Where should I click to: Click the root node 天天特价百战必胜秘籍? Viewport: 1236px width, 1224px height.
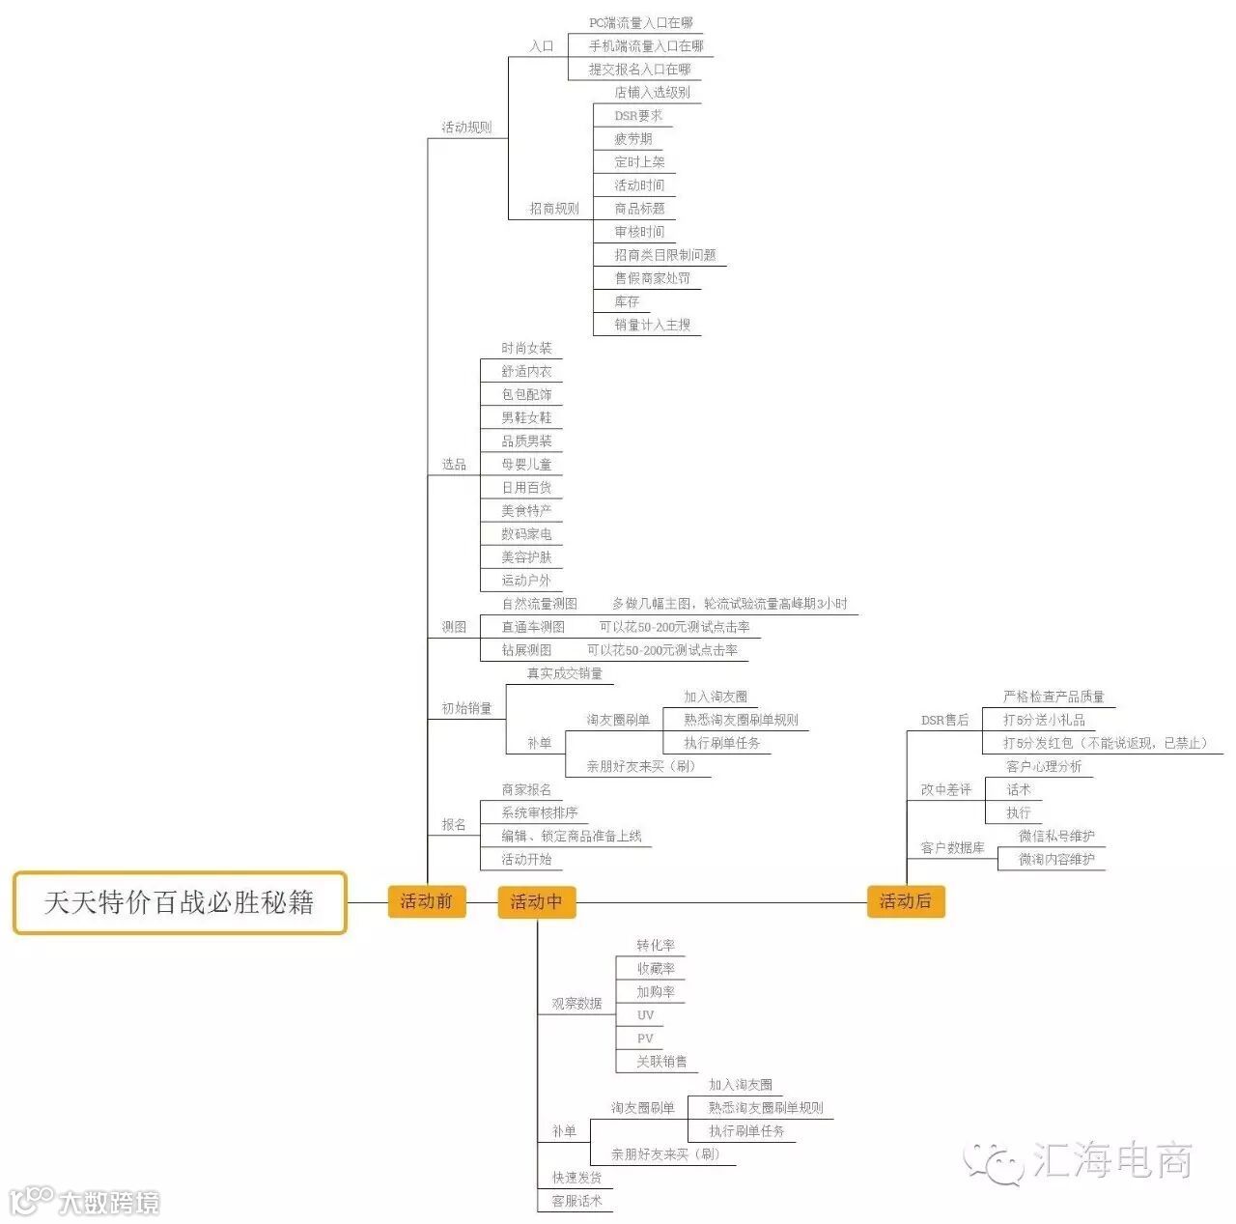click(x=180, y=902)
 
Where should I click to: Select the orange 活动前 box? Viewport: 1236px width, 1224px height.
click(x=426, y=901)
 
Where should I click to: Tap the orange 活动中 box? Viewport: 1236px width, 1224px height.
click(x=536, y=901)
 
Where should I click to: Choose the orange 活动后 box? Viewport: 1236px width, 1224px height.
click(x=905, y=901)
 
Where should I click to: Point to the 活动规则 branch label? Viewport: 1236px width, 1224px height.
click(x=466, y=128)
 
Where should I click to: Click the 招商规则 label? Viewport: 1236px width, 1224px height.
click(x=553, y=209)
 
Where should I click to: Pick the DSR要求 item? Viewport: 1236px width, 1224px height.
click(x=638, y=116)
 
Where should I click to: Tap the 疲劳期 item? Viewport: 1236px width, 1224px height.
click(x=633, y=139)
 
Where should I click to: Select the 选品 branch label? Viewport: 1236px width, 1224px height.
click(x=454, y=465)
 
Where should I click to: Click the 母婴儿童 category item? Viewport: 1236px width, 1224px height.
click(x=526, y=465)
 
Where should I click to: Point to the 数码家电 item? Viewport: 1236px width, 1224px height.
click(x=526, y=534)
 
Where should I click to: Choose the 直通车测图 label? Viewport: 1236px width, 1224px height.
click(x=533, y=627)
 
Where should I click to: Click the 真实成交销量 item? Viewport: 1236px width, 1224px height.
click(x=564, y=673)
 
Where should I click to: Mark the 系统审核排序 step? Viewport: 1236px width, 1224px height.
click(x=539, y=813)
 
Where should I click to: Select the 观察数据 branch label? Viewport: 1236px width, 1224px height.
click(x=576, y=1004)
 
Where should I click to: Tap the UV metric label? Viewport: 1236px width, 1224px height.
click(x=645, y=1015)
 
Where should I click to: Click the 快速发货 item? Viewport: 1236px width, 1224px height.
click(x=576, y=1178)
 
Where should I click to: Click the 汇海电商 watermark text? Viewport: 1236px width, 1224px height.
click(x=1111, y=1159)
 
